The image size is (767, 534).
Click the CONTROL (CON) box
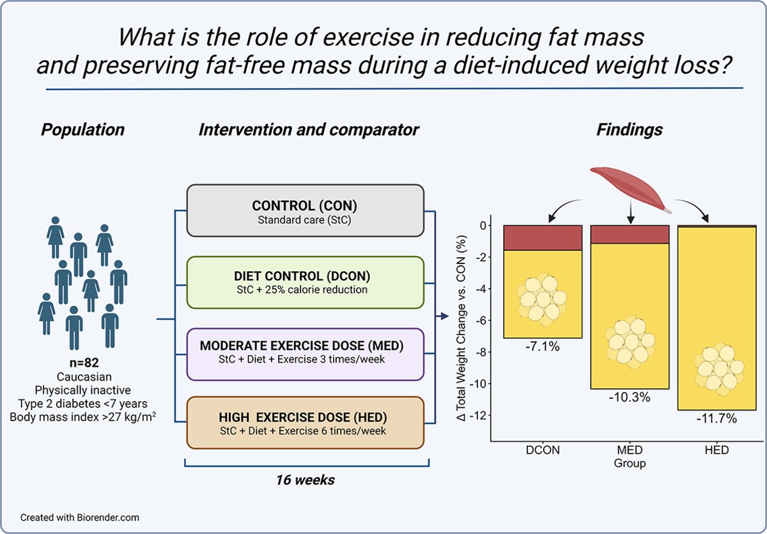305,211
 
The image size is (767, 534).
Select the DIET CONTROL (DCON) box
305,283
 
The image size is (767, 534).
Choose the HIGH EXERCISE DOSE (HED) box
305,423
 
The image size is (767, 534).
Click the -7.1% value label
543,347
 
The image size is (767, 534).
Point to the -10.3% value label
630,398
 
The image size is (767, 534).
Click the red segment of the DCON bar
543,237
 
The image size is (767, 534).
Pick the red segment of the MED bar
630,234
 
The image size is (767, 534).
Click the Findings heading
630,130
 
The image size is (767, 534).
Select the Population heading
83,130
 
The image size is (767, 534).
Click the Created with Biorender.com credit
79,517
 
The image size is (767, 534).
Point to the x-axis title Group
630,463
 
